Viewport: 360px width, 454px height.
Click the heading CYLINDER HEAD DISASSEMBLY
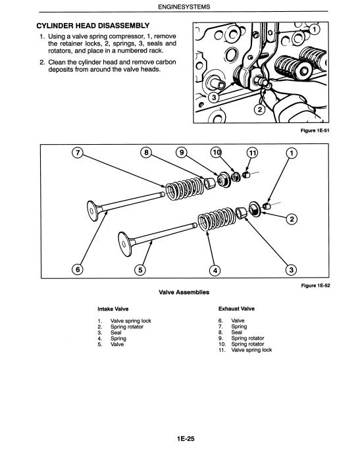[x=93, y=26]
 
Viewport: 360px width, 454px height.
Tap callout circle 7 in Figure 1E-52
[x=77, y=152]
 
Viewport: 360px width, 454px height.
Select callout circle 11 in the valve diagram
[x=252, y=153]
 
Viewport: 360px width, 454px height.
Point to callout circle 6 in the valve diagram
[x=78, y=270]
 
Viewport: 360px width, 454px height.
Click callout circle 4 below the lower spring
[x=215, y=270]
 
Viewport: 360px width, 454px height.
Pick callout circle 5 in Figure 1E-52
[x=140, y=270]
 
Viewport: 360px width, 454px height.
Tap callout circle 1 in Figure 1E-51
[x=315, y=29]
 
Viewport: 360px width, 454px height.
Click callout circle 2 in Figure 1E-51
[x=260, y=109]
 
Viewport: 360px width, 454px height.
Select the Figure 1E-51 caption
[x=315, y=130]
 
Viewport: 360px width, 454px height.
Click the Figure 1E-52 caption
[x=315, y=286]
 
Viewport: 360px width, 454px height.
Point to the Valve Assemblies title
[x=184, y=292]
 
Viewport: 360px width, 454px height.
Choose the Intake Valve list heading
[x=113, y=309]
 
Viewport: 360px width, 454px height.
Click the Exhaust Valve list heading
[x=236, y=309]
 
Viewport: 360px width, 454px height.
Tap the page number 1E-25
[x=186, y=439]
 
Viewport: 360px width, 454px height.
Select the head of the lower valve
[x=125, y=244]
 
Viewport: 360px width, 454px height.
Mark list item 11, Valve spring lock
[x=245, y=350]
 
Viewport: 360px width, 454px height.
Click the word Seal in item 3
[x=116, y=333]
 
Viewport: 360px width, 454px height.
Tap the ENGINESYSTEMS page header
[x=184, y=7]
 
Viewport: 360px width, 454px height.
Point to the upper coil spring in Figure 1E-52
[x=184, y=189]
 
